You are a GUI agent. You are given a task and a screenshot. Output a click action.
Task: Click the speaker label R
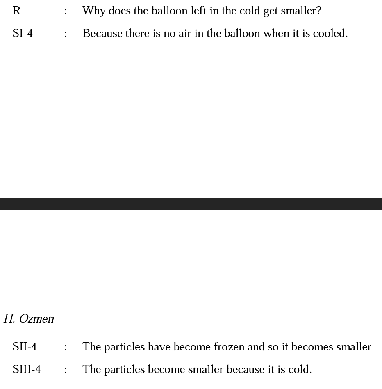point(16,11)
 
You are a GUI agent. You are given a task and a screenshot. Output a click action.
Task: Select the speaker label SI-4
point(23,34)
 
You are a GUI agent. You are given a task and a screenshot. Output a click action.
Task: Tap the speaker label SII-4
point(25,347)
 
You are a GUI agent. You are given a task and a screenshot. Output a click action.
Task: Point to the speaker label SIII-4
point(27,370)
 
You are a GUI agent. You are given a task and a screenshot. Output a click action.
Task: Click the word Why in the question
point(94,11)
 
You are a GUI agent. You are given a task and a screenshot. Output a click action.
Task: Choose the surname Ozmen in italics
point(36,319)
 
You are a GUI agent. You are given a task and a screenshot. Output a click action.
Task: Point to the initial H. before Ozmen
point(9,319)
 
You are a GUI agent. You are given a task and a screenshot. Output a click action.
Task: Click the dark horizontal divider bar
point(191,204)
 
